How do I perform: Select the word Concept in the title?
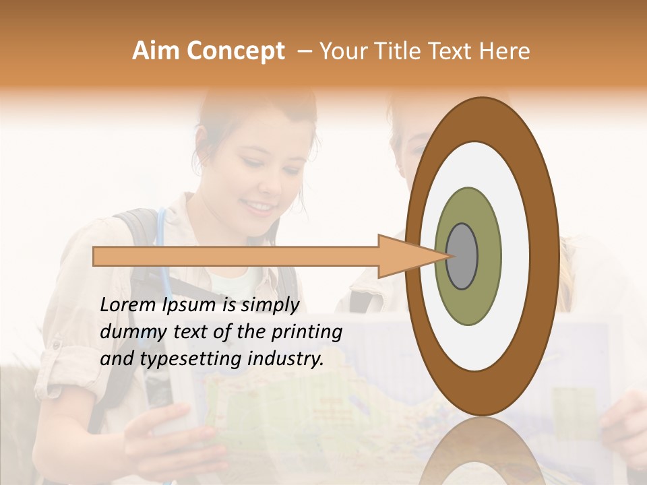click(x=235, y=51)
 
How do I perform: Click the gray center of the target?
click(x=462, y=256)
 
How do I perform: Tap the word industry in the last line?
click(x=284, y=360)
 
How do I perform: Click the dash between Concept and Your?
click(x=305, y=51)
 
